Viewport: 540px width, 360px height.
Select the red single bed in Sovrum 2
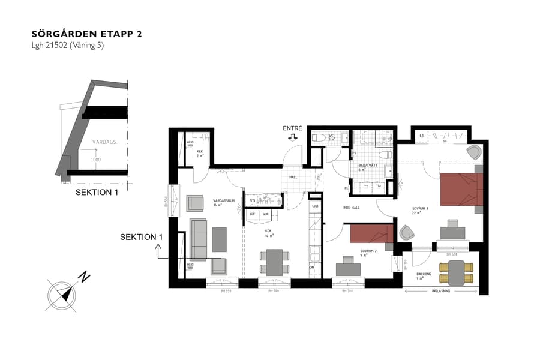click(371, 233)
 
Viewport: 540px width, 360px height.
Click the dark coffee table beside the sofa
click(219, 239)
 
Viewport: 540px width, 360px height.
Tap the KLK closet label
click(200, 152)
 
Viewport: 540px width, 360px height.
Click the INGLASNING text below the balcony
click(440, 292)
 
